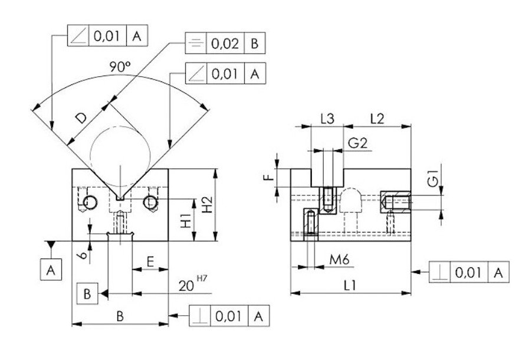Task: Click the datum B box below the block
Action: (x=87, y=293)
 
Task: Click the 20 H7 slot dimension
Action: (x=190, y=285)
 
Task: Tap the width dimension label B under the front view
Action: (x=119, y=316)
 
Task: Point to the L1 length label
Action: (x=349, y=284)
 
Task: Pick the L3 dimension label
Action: (x=327, y=118)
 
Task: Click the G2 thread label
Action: (x=358, y=142)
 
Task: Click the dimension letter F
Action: (x=280, y=177)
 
